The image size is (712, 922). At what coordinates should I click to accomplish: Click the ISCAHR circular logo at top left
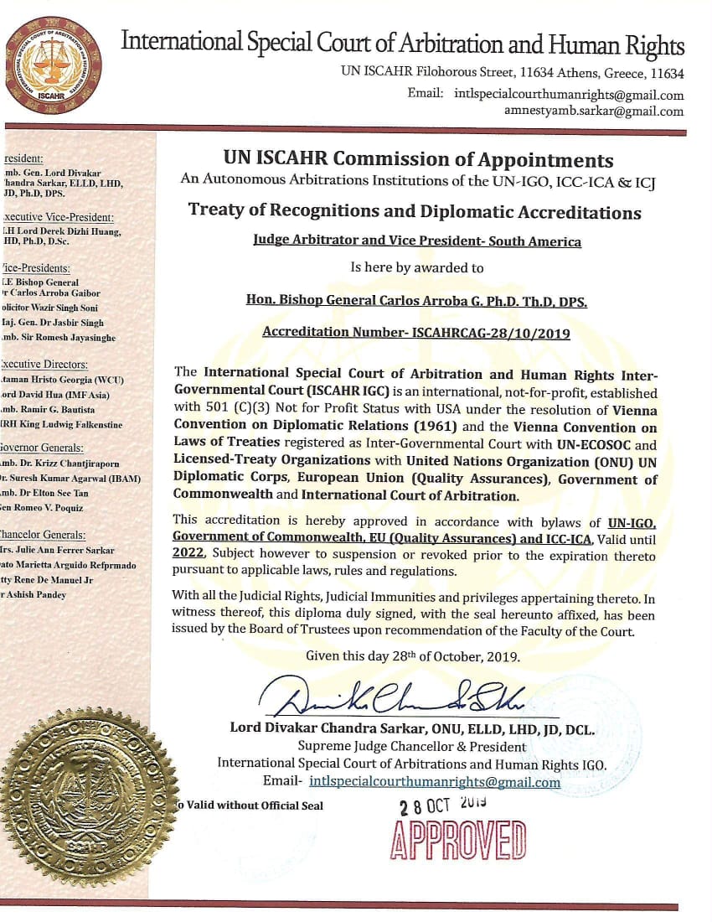(x=53, y=65)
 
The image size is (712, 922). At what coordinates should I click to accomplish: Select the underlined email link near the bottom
(x=435, y=782)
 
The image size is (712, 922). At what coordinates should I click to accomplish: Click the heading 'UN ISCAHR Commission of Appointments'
(x=418, y=160)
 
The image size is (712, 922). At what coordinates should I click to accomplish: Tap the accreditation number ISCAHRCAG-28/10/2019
(x=416, y=333)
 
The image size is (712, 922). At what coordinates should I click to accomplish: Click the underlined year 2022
(x=188, y=554)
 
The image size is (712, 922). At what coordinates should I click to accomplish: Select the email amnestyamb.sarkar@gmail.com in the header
(x=594, y=111)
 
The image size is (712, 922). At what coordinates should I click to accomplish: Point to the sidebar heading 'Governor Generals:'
(x=43, y=447)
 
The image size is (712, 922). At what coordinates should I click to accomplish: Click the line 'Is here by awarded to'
(x=416, y=268)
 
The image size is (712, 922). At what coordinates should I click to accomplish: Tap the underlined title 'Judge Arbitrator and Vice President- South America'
(x=416, y=241)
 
